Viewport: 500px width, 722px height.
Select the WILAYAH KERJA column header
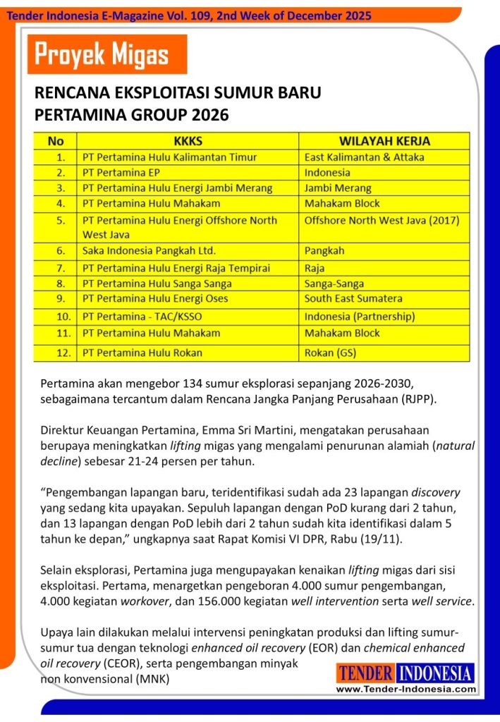pos(384,141)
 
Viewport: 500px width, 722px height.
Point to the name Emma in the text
pos(232,429)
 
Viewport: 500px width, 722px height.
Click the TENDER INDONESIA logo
pos(406,673)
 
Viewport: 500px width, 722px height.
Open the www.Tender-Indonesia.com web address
pos(406,689)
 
